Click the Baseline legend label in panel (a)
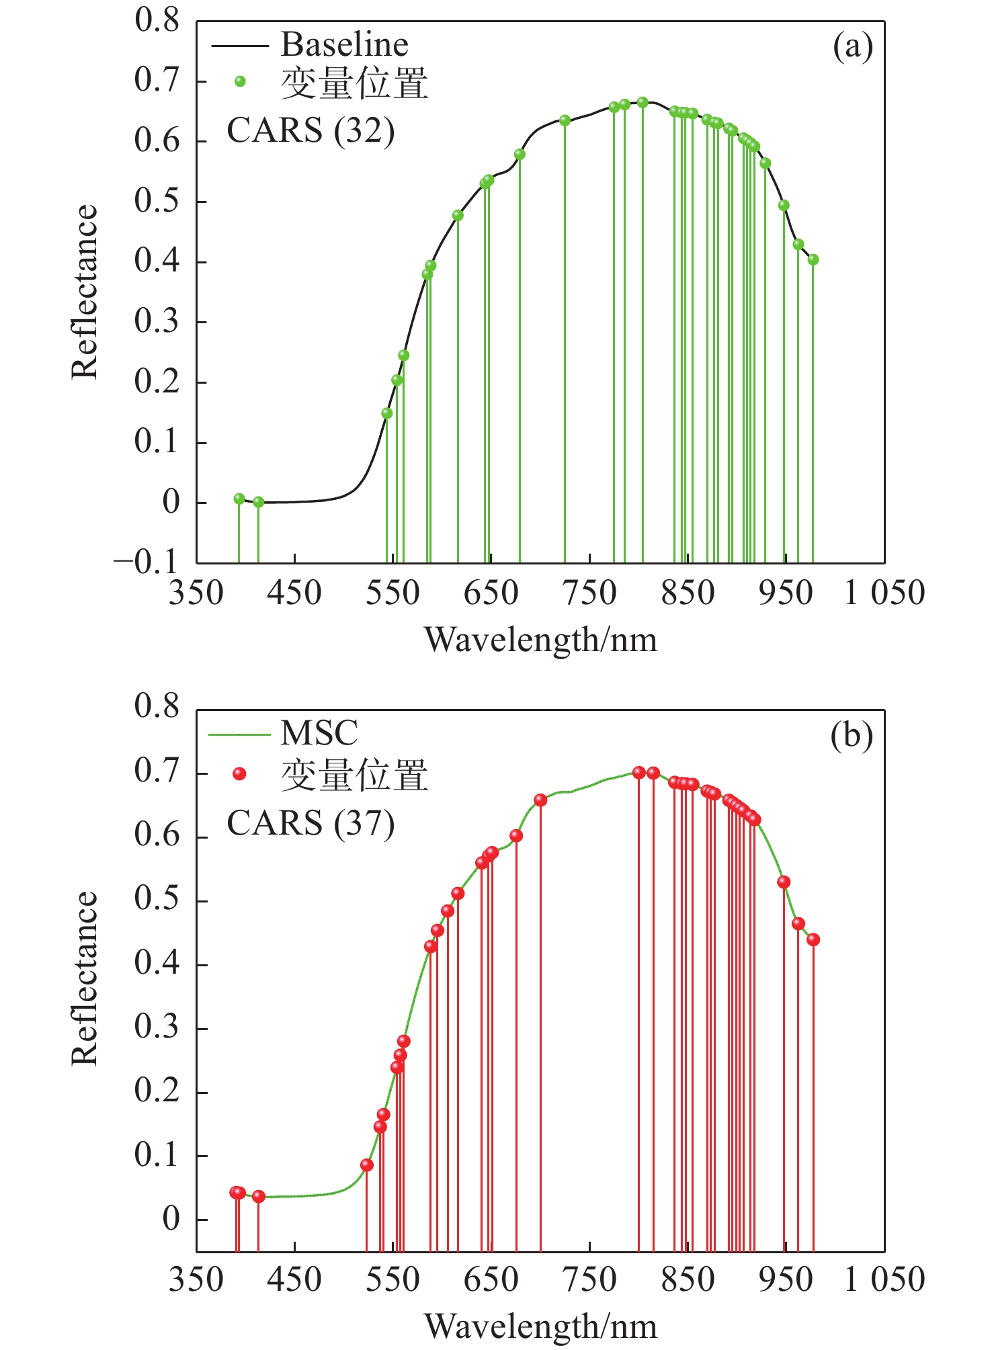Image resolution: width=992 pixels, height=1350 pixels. tap(344, 45)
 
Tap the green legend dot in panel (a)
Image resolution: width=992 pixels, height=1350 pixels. tap(240, 82)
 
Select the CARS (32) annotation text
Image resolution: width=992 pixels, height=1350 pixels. tap(311, 130)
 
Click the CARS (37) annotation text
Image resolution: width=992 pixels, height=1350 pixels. tap(311, 823)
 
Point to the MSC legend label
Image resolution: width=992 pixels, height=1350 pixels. tap(319, 733)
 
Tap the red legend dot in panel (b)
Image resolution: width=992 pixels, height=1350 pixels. tap(239, 774)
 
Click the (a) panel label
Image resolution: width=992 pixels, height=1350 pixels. tap(853, 47)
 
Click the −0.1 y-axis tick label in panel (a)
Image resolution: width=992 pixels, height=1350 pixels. tap(146, 562)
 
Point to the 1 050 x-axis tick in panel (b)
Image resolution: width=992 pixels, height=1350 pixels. tap(884, 1279)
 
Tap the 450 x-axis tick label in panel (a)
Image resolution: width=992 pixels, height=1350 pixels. tap(294, 593)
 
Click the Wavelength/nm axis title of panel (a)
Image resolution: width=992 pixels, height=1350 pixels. tap(541, 640)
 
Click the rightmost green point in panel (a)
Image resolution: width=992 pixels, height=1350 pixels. tap(813, 259)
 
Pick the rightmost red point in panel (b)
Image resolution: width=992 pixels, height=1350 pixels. tap(813, 939)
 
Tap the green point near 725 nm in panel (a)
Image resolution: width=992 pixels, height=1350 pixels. tap(565, 121)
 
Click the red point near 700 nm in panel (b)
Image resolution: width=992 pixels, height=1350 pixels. tap(540, 800)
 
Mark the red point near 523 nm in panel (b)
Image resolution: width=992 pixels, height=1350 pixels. tap(366, 1165)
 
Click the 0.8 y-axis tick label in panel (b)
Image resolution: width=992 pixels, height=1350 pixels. tap(157, 706)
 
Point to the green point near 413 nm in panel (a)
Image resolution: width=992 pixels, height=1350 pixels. tap(258, 502)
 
